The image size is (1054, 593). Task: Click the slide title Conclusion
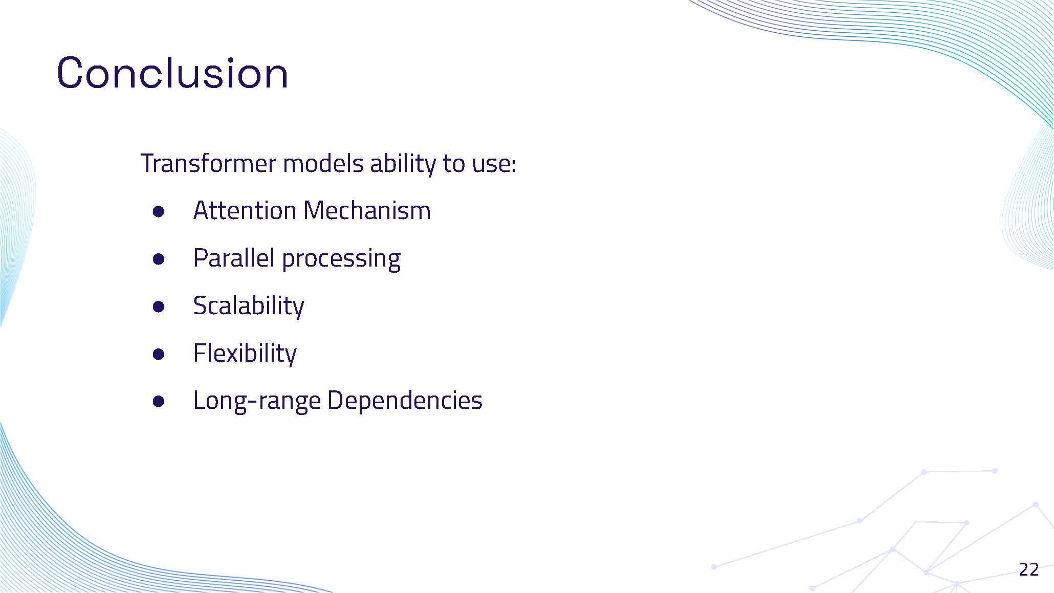tap(172, 73)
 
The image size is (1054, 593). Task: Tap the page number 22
tap(1028, 569)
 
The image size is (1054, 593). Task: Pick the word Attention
tap(245, 210)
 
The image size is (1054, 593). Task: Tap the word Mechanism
tap(367, 210)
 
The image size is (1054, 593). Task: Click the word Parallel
tap(234, 258)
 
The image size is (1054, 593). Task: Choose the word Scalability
tap(249, 305)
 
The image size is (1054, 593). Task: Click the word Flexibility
tap(245, 353)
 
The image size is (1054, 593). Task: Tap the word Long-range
tap(256, 401)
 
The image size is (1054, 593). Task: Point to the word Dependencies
tap(404, 400)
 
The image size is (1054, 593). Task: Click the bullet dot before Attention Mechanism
tap(159, 211)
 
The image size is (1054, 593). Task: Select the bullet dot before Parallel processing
tap(159, 259)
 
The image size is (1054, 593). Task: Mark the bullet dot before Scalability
tap(159, 306)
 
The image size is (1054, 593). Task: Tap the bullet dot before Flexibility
tap(159, 354)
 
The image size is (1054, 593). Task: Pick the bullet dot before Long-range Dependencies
tap(159, 402)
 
